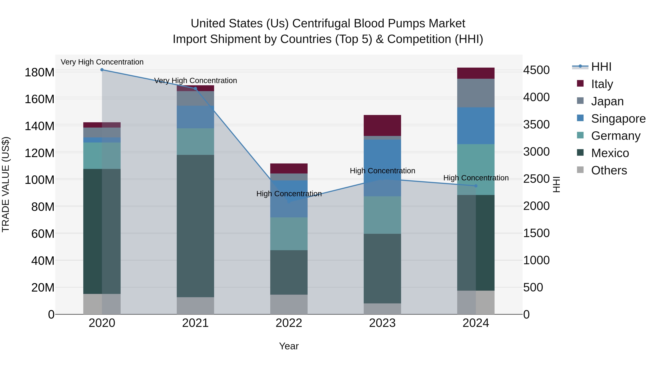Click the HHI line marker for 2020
pyautogui.click(x=102, y=70)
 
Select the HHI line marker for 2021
pyautogui.click(x=195, y=89)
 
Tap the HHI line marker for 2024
pyautogui.click(x=476, y=186)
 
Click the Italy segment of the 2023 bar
pyautogui.click(x=382, y=125)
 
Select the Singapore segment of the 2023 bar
pyautogui.click(x=382, y=168)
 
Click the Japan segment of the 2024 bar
pyautogui.click(x=476, y=93)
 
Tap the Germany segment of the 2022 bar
pyautogui.click(x=289, y=234)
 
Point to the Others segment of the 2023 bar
pyautogui.click(x=382, y=309)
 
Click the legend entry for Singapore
pyautogui.click(x=618, y=119)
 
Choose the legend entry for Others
pyautogui.click(x=609, y=170)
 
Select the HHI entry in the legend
pyautogui.click(x=601, y=67)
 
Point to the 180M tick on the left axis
pyautogui.click(x=40, y=73)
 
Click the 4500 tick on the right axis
pyautogui.click(x=536, y=70)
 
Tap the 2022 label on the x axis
pyautogui.click(x=289, y=323)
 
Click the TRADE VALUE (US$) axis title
pyautogui.click(x=6, y=184)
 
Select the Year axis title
pyautogui.click(x=289, y=346)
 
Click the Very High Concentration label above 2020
pyautogui.click(x=102, y=62)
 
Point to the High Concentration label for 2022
pyautogui.click(x=289, y=194)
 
